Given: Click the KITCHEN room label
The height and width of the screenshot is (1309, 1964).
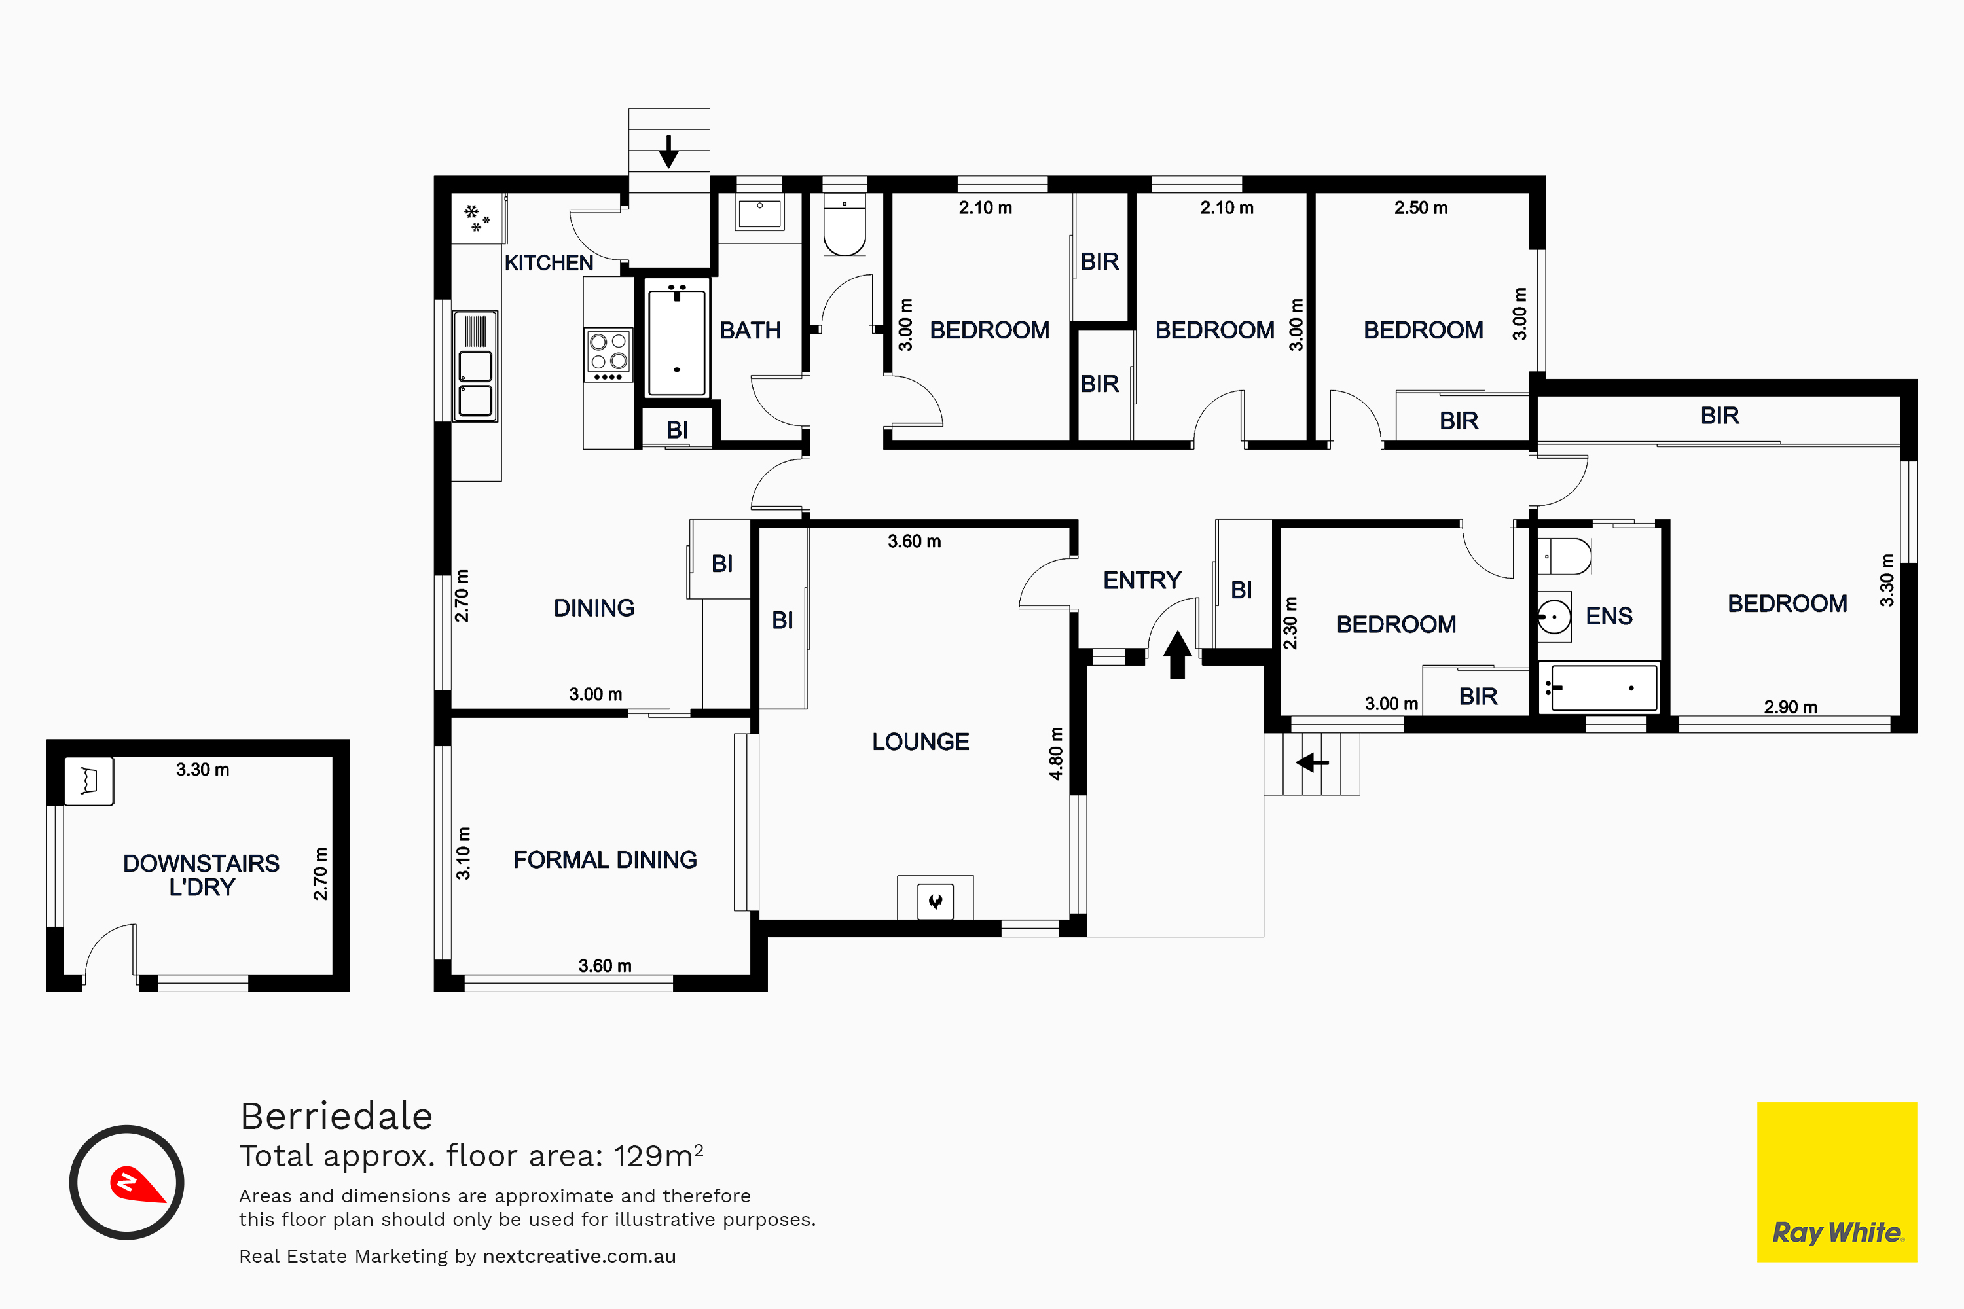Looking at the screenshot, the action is pos(549,263).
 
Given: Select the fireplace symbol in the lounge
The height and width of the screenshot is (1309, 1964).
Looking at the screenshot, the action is pos(936,901).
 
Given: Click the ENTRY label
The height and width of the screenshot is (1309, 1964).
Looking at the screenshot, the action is pos(1142,580).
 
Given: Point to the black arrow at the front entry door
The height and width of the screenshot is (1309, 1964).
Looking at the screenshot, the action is pos(1177,654).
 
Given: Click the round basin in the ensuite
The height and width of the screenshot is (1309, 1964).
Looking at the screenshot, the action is pos(1554,617).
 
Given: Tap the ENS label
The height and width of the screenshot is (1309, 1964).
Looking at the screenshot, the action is pos(1609,616).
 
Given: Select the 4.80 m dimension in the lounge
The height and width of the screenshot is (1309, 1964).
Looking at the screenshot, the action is pos(1057,754).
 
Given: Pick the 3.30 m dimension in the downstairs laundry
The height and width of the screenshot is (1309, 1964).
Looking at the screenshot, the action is pos(202,770).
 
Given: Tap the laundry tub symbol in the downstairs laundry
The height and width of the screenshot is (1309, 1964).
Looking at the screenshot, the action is pos(89,781).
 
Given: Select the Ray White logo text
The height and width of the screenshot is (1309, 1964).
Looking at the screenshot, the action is pos(1837,1233).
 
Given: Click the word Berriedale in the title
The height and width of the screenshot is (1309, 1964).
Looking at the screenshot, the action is pos(336,1116).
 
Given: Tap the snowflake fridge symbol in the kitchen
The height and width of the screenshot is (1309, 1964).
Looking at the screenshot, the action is pos(477,218).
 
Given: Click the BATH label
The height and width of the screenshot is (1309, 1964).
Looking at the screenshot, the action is pos(750,331).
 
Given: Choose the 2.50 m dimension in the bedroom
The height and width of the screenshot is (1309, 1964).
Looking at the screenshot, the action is pos(1421,208).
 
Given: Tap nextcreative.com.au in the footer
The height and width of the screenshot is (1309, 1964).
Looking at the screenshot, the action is pos(579,1257).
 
